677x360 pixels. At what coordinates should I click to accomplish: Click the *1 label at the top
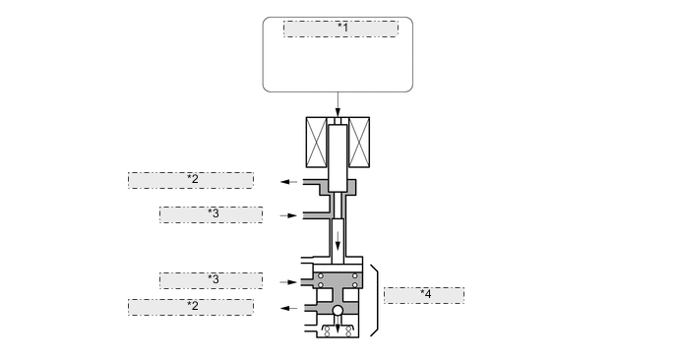pyautogui.click(x=340, y=29)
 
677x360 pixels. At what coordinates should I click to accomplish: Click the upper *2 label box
pyautogui.click(x=191, y=180)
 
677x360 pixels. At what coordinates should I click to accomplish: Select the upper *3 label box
pyautogui.click(x=211, y=214)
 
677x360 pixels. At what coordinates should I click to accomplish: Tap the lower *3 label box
pyautogui.click(x=211, y=280)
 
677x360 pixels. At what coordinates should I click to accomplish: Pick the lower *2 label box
pyautogui.click(x=191, y=307)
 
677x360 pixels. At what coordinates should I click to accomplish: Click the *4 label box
pyautogui.click(x=423, y=295)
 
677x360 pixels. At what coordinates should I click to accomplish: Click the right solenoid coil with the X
pyautogui.click(x=360, y=144)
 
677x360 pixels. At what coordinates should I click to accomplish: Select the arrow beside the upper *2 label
pyautogui.click(x=288, y=182)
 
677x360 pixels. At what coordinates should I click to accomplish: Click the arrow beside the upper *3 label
pyautogui.click(x=288, y=214)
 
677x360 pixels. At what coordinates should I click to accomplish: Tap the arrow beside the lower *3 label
pyautogui.click(x=288, y=281)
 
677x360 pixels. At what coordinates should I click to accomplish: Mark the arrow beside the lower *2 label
pyautogui.click(x=288, y=308)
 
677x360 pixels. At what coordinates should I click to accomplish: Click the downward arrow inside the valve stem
pyautogui.click(x=338, y=238)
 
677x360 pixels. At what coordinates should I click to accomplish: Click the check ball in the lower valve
pyautogui.click(x=338, y=312)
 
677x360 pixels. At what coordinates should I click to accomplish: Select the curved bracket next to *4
pyautogui.click(x=376, y=300)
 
